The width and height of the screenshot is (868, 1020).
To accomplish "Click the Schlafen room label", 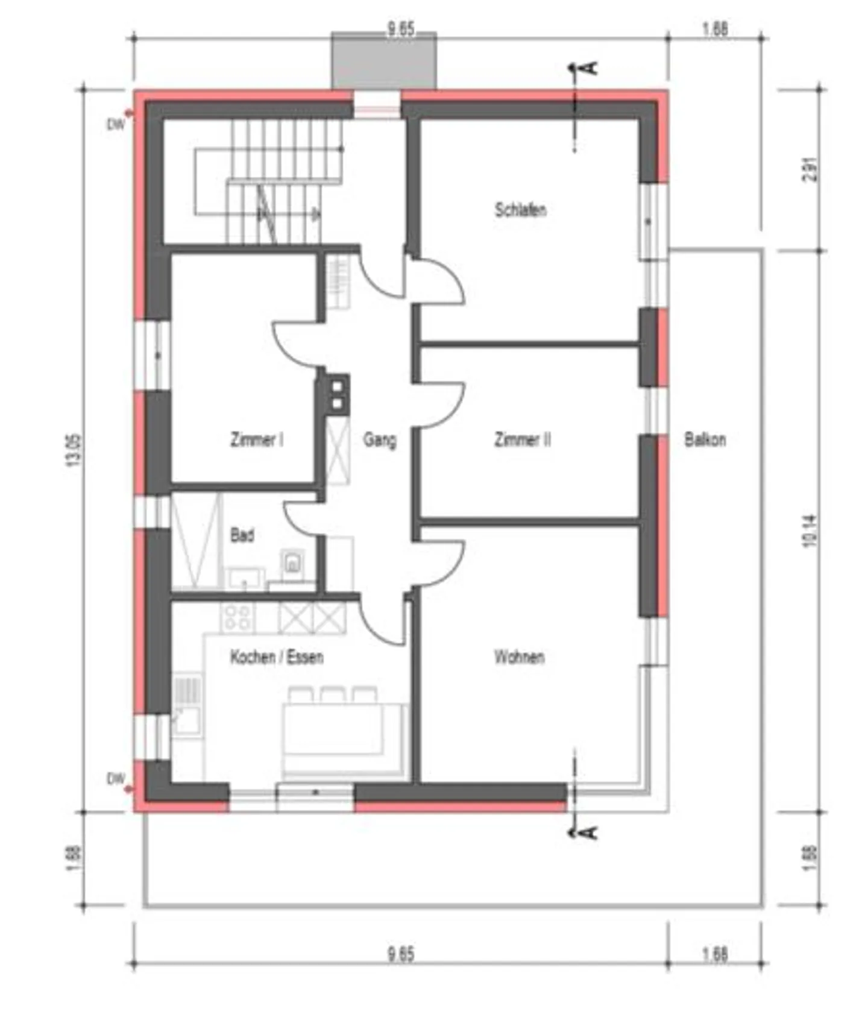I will pos(520,210).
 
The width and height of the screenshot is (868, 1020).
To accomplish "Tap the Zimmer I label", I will pos(256,439).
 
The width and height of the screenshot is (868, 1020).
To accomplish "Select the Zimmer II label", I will pos(522,439).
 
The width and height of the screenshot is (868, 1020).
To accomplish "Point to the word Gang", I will pos(379,439).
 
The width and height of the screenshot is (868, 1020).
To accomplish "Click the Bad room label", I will pos(242,535).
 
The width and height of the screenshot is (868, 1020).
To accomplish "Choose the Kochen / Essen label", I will pos(277,656).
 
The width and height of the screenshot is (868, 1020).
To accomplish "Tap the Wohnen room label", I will pos(519,656).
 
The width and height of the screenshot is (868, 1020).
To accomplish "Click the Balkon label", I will pos(704,439).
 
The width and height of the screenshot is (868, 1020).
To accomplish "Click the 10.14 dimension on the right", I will pos(810,530).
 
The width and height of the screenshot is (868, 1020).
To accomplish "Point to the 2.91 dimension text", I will pos(811,170).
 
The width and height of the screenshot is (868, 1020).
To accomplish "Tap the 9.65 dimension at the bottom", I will pos(401,954).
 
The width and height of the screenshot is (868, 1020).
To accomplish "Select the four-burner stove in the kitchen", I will pos(237,618).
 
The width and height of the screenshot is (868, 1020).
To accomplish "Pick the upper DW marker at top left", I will pos(116,124).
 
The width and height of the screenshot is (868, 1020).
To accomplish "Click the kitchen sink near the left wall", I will pos(187,721).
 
